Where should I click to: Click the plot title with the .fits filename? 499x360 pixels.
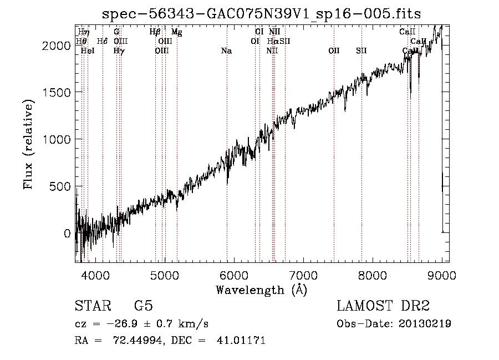(x=262, y=14)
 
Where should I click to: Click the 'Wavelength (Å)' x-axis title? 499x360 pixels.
(x=261, y=290)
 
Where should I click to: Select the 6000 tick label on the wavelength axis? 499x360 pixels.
(x=234, y=275)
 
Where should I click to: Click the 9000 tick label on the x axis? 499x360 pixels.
(x=441, y=275)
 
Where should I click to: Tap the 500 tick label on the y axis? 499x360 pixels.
(x=60, y=186)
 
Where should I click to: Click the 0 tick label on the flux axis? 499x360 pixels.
(x=67, y=233)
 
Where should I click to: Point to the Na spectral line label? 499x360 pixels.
(x=226, y=51)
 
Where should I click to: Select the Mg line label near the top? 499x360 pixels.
(x=176, y=32)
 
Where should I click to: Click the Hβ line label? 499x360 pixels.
(x=155, y=32)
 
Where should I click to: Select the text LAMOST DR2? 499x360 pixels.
(x=383, y=306)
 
